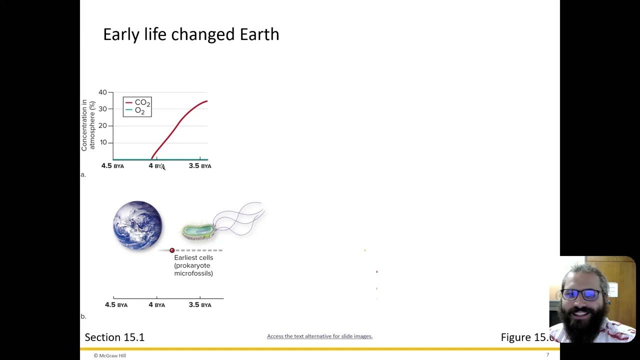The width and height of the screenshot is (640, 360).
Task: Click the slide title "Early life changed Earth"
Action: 191,34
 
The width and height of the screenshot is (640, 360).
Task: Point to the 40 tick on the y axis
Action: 102,92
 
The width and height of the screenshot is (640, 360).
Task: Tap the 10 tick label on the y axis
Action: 103,142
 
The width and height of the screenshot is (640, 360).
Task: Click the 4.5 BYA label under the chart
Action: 112,166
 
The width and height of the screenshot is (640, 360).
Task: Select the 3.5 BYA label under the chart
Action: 200,166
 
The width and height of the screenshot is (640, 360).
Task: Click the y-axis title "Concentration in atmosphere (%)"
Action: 88,125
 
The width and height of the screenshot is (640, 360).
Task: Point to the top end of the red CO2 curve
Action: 206,101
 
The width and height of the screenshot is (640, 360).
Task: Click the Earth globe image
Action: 137,225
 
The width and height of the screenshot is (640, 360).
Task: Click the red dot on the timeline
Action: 172,250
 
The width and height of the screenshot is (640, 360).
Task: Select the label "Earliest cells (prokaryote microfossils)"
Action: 193,265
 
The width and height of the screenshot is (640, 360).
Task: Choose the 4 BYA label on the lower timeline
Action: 156,305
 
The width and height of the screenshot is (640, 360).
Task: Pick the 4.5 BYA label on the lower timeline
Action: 116,305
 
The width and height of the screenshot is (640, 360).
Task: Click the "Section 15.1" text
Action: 114,337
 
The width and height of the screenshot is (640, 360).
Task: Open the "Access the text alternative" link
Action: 319,336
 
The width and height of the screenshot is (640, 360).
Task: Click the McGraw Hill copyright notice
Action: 110,355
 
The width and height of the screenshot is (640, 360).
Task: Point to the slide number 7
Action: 547,355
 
